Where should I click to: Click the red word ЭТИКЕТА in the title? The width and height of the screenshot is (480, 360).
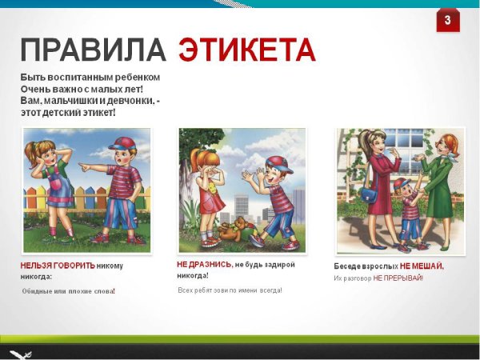coord(246,50)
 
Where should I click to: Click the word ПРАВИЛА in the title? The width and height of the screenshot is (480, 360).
coord(93,50)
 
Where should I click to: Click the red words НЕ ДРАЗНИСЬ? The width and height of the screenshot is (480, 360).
coord(204,264)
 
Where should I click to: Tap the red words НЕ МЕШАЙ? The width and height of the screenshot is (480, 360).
coord(422,266)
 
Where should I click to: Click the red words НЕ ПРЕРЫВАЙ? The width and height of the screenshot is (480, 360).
coord(398,278)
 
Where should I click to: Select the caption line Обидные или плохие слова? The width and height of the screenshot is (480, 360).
coord(68,290)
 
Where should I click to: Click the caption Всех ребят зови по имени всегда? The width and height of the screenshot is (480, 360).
coord(230,290)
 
